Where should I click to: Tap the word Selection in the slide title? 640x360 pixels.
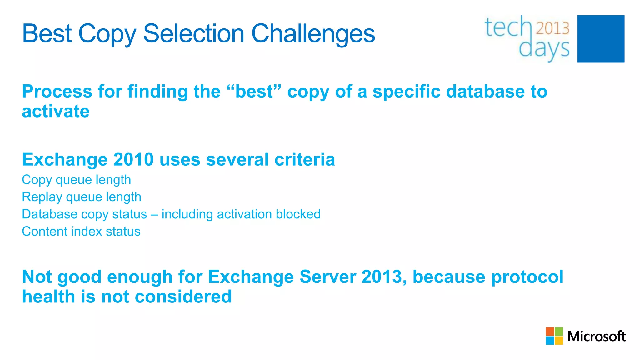pyautogui.click(x=193, y=34)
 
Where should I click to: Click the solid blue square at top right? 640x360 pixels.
pyautogui.click(x=601, y=39)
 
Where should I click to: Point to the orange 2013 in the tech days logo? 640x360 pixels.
pyautogui.click(x=553, y=28)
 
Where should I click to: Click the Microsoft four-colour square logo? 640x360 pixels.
pyautogui.click(x=554, y=336)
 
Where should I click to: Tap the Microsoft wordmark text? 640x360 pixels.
pyautogui.click(x=596, y=337)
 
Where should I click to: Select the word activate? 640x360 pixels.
pyautogui.click(x=56, y=111)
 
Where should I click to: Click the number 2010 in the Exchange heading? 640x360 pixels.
pyautogui.click(x=133, y=159)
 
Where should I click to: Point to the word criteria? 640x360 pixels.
pyautogui.click(x=305, y=159)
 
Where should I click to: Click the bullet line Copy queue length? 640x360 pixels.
pyautogui.click(x=76, y=180)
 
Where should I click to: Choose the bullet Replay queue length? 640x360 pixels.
pyautogui.click(x=82, y=197)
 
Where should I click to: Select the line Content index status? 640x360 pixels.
pyautogui.click(x=81, y=232)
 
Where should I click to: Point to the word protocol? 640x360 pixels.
pyautogui.click(x=527, y=277)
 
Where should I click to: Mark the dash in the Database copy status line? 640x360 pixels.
pyautogui.click(x=154, y=215)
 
